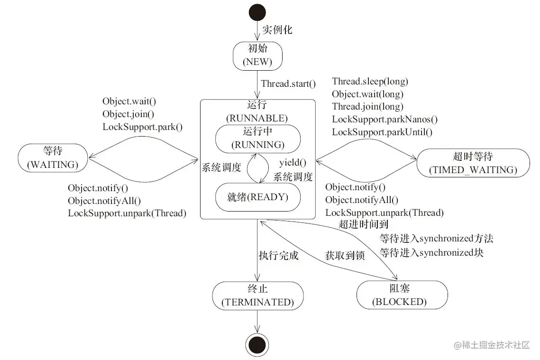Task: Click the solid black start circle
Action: [x=257, y=12]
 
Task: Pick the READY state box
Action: [x=257, y=197]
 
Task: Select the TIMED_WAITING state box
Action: [x=473, y=163]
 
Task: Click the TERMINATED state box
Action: [x=257, y=295]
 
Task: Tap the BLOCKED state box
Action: [x=402, y=295]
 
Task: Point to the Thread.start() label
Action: [x=288, y=84]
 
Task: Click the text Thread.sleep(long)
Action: [x=370, y=82]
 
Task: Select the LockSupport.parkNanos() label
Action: [x=384, y=120]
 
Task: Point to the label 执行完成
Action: [x=278, y=256]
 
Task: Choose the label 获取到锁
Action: [x=345, y=256]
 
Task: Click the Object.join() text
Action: [x=128, y=114]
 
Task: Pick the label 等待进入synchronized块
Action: [x=431, y=252]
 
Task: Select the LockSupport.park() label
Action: [x=143, y=127]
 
